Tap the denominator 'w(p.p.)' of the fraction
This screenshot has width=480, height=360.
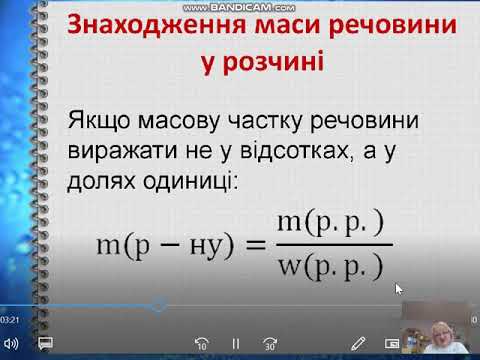click(330, 267)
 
